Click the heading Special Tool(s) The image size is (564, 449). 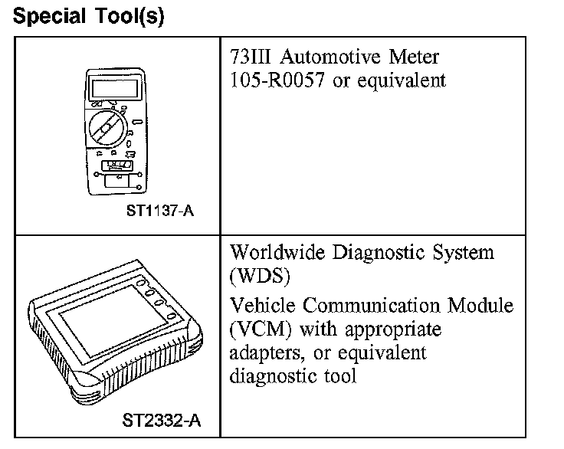click(89, 16)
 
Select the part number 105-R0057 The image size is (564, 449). click(278, 80)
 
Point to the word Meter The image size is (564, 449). click(414, 57)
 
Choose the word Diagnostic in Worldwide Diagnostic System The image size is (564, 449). click(380, 252)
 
